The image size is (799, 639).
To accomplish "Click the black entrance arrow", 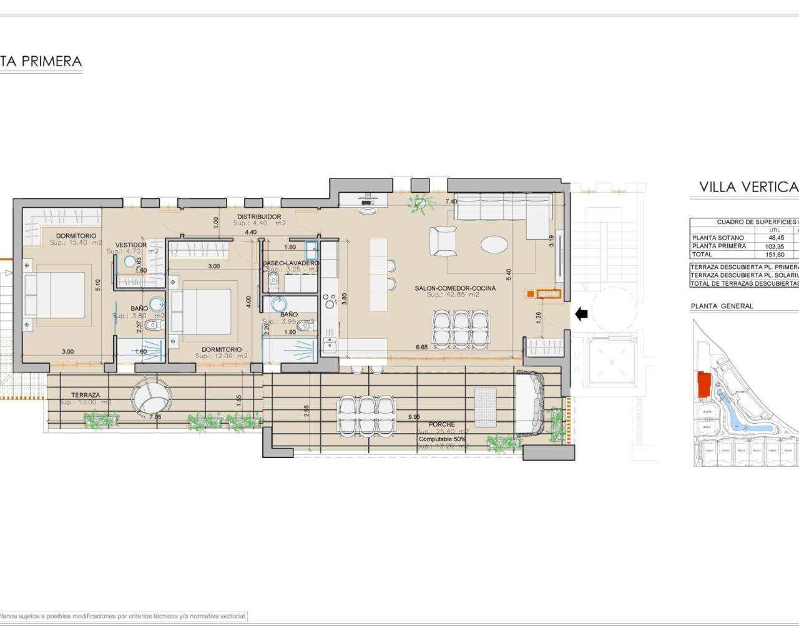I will point(581,315).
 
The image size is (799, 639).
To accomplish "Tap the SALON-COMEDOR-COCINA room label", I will point(455,288).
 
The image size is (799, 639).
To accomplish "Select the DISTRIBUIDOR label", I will point(258,217).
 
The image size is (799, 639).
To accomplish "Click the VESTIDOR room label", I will point(131,245).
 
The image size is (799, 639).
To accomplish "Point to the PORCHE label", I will point(441,424).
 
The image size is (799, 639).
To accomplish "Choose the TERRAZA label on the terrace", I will point(86,395).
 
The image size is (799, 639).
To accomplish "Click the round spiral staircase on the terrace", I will point(150,398).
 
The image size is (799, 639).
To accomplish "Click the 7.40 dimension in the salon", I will point(451,202).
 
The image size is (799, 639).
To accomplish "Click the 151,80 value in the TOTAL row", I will point(774,254).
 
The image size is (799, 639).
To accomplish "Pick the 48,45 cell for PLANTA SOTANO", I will point(774,238).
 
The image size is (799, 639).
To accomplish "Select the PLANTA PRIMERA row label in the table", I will point(718,246).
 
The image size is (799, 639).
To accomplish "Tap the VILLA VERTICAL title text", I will point(748,187).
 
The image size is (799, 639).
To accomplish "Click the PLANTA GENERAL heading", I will point(722,306).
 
